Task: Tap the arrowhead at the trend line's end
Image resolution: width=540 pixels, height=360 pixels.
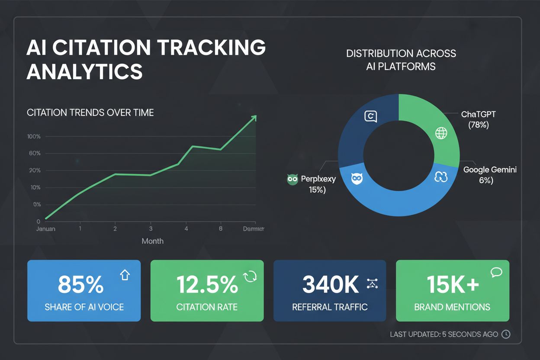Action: click(x=254, y=118)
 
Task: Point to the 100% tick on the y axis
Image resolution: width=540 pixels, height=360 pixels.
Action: click(x=34, y=137)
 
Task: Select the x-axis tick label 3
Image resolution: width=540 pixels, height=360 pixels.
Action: click(x=151, y=228)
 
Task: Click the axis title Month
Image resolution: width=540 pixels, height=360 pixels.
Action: click(x=153, y=241)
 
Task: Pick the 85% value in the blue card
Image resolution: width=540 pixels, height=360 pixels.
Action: click(x=80, y=285)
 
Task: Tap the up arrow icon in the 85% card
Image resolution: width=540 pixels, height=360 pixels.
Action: click(x=125, y=275)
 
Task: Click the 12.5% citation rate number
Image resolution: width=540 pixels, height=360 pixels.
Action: click(x=207, y=285)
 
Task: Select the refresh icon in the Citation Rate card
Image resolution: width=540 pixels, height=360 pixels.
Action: click(x=250, y=276)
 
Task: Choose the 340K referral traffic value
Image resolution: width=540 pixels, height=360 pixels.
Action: click(x=331, y=285)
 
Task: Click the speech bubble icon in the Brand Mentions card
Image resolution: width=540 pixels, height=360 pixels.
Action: click(x=496, y=272)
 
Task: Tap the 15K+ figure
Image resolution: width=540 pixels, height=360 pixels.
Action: click(x=453, y=285)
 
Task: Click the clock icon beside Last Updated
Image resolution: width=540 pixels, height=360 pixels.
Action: click(x=505, y=334)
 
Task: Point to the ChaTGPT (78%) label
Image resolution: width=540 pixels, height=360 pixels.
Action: click(x=479, y=119)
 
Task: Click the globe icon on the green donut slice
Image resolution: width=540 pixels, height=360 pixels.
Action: click(x=441, y=133)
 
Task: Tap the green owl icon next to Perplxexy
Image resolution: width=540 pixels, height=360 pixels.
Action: click(x=293, y=180)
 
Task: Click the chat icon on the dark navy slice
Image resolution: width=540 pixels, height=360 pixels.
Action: click(x=371, y=116)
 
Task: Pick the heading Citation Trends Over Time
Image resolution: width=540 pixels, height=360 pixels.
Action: click(x=90, y=112)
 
